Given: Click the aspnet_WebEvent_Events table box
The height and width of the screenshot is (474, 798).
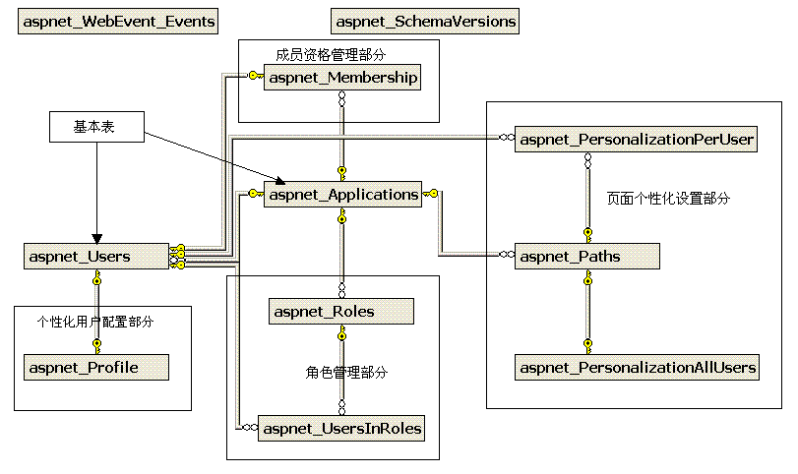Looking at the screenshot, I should pyautogui.click(x=119, y=22).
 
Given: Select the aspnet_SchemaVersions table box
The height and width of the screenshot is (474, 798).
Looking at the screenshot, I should pyautogui.click(x=425, y=22).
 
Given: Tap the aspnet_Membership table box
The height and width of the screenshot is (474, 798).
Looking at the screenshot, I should pyautogui.click(x=342, y=78).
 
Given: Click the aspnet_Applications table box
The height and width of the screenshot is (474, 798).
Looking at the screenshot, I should pyautogui.click(x=342, y=195).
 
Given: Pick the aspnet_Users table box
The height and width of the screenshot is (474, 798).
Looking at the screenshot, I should pyautogui.click(x=95, y=257).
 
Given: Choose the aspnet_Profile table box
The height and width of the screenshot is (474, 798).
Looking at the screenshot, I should pyautogui.click(x=95, y=368).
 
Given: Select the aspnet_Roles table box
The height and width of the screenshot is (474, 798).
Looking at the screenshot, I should pyautogui.click(x=341, y=312).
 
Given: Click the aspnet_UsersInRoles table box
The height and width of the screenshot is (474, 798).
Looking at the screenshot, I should pyautogui.click(x=341, y=429).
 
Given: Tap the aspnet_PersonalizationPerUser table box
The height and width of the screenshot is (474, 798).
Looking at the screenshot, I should pyautogui.click(x=637, y=141).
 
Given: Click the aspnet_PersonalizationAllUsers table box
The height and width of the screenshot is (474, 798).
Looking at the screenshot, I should pyautogui.click(x=638, y=368).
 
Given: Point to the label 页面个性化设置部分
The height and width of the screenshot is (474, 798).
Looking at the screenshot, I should pyautogui.click(x=668, y=199).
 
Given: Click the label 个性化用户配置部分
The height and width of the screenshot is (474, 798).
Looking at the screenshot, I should pyautogui.click(x=95, y=322).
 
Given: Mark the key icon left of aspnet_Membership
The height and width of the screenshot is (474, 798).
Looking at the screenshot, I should pyautogui.click(x=254, y=76).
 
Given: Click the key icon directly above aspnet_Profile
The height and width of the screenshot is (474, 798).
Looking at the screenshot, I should pyautogui.click(x=96, y=343).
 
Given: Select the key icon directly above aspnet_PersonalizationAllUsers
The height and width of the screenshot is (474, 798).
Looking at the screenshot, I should pyautogui.click(x=587, y=343).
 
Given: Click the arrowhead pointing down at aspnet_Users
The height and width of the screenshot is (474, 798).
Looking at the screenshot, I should pyautogui.click(x=95, y=239).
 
